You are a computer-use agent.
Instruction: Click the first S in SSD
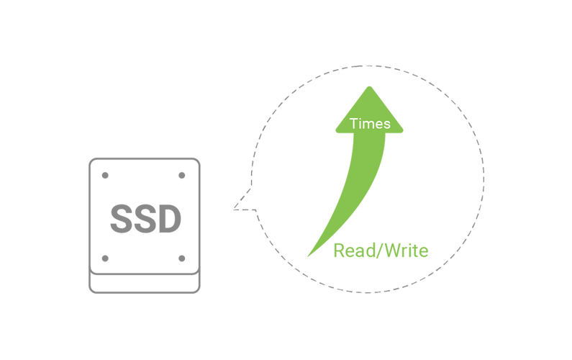(x=122, y=219)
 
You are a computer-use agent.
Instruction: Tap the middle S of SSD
(x=145, y=219)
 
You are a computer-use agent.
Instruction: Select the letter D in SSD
(x=167, y=219)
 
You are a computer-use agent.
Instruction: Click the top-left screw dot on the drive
(x=105, y=175)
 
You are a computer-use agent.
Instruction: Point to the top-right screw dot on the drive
(x=182, y=175)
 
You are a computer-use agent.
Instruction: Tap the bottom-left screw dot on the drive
(x=105, y=258)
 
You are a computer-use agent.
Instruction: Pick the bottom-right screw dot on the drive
(x=182, y=258)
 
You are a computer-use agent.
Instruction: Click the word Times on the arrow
(x=370, y=124)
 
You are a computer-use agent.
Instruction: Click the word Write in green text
(x=408, y=251)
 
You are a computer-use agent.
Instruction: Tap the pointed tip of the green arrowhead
(x=370, y=87)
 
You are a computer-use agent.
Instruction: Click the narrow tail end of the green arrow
(x=309, y=256)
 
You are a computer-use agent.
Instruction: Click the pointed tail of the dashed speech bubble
(x=235, y=210)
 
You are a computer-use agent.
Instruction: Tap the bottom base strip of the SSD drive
(x=145, y=284)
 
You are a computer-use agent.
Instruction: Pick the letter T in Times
(x=353, y=124)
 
